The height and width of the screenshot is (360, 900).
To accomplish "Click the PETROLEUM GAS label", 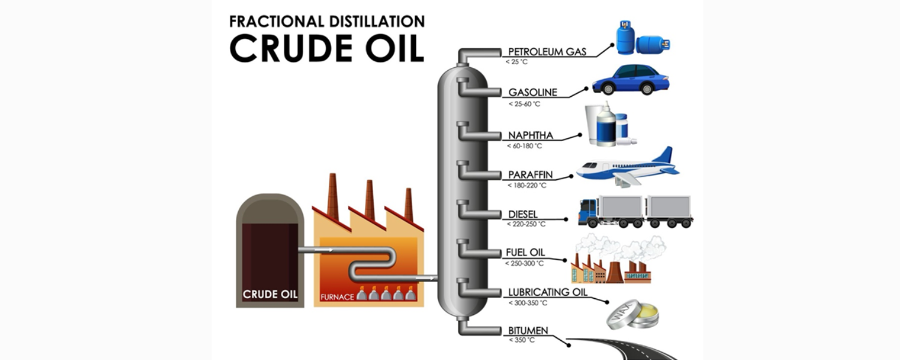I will coord(547,52).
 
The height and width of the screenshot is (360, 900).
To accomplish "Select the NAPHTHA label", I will coord(530,136).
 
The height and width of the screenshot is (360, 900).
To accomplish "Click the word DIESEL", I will coord(523,214).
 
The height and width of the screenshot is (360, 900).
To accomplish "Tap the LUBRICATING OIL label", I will coord(547,293).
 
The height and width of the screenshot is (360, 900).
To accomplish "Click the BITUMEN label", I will coord(527,331).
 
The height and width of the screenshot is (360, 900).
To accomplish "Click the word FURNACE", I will coord(337,296).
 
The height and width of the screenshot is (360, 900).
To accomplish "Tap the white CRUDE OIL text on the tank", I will coord(269,294).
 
